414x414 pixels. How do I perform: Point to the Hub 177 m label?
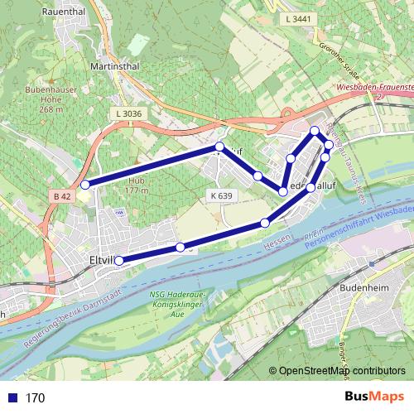[x=132, y=185]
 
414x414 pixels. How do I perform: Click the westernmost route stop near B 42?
[x=85, y=185]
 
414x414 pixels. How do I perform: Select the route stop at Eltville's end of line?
[x=118, y=261]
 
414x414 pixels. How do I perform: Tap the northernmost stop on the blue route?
[x=315, y=131]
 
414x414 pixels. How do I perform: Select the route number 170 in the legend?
[x=34, y=398]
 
